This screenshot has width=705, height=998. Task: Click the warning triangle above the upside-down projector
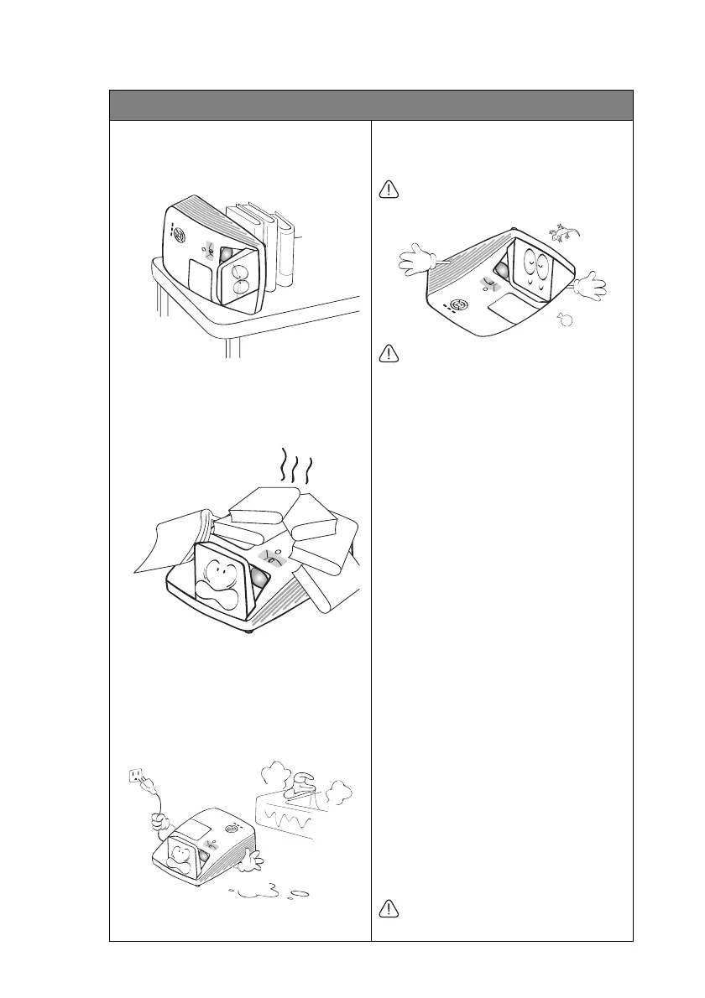(x=389, y=190)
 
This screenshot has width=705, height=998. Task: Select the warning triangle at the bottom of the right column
(x=389, y=907)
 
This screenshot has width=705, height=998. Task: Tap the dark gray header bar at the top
(x=371, y=105)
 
